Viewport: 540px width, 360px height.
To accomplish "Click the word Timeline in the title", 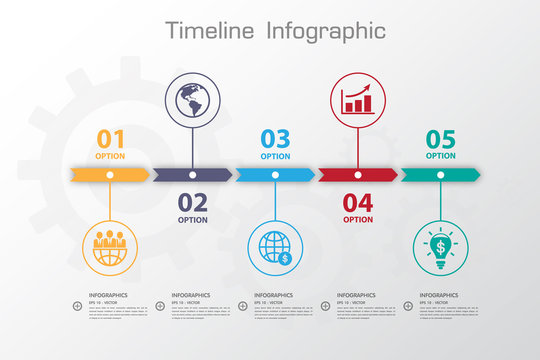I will click(x=211, y=30).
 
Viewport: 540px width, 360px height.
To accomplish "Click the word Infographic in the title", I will click(x=326, y=31).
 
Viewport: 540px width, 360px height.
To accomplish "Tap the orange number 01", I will click(x=110, y=139).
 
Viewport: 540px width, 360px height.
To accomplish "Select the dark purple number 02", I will click(x=193, y=203).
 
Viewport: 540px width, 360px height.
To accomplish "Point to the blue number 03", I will click(x=275, y=139).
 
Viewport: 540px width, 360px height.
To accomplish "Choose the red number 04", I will click(x=358, y=203).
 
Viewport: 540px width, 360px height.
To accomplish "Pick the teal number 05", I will click(x=440, y=139).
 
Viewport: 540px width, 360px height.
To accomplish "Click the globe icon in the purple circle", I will click(x=193, y=99).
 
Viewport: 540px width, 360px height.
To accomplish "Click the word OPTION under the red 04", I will click(x=358, y=220).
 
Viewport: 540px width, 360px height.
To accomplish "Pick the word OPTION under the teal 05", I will click(x=440, y=156).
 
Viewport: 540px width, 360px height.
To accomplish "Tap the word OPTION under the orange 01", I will click(x=110, y=156).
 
